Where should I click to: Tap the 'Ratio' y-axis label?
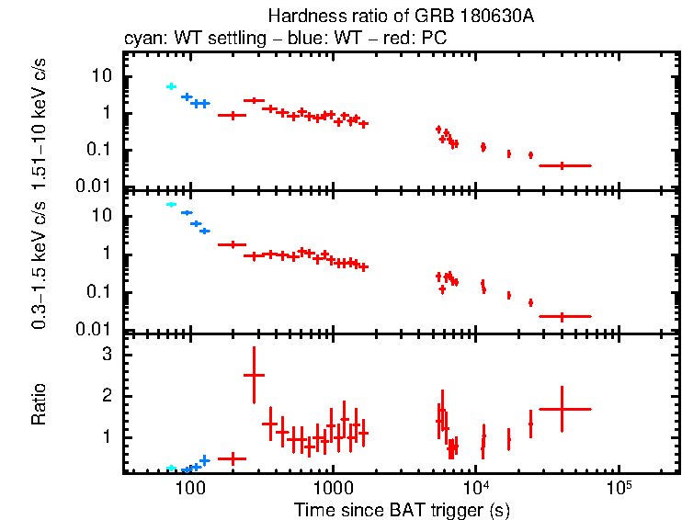[39, 404]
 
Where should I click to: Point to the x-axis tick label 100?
[189, 487]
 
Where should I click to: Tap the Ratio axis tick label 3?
[107, 354]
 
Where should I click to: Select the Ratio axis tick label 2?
[107, 395]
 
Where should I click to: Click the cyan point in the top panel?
[171, 86]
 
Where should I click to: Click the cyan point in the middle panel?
[171, 204]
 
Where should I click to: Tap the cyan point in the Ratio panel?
[171, 469]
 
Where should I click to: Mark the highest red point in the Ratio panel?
[254, 375]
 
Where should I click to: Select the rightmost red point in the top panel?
[563, 165]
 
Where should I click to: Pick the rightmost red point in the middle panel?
[563, 316]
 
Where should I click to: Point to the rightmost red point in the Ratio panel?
[563, 409]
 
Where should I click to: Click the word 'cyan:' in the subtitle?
[141, 40]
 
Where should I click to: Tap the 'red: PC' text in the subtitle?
[384, 40]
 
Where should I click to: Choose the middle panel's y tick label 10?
[102, 216]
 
